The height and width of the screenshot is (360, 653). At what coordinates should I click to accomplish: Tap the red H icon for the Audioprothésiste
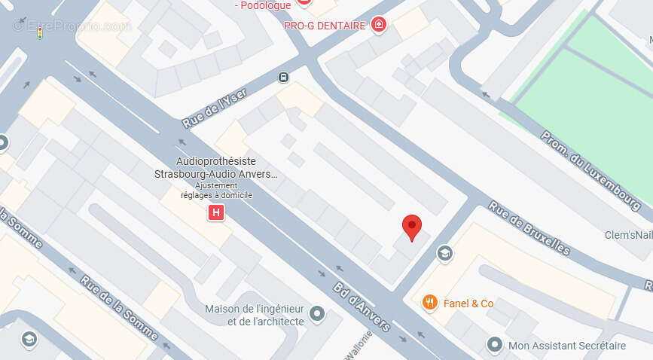216,213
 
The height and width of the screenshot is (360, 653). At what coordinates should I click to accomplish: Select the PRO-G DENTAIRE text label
324,26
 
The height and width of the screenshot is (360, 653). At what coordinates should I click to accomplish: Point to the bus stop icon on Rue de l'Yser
283,76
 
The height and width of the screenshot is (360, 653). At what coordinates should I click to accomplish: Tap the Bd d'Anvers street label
362,306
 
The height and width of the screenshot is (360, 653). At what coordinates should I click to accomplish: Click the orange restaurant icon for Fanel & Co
429,303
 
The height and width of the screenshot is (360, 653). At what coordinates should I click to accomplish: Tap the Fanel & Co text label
468,304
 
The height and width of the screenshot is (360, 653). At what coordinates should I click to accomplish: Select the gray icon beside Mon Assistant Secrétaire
494,346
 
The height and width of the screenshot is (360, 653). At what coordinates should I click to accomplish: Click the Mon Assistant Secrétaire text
567,346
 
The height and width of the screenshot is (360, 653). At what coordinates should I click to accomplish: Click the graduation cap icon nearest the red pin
444,253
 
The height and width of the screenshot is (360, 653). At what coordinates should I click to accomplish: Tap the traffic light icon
39,33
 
